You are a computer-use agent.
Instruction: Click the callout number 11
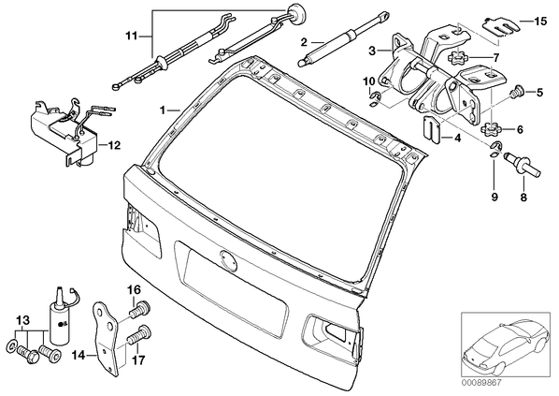click(131, 37)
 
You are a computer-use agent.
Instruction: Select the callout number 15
click(540, 22)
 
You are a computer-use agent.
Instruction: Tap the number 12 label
click(114, 145)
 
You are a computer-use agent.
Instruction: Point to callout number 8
click(523, 197)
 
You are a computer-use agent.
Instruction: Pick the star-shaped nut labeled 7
click(455, 58)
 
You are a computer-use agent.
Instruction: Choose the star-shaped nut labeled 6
click(492, 129)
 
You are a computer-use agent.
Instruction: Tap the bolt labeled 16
click(141, 311)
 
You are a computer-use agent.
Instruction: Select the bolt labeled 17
click(139, 336)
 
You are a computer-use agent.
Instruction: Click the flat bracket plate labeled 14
click(106, 339)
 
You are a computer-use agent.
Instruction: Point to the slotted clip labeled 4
click(432, 128)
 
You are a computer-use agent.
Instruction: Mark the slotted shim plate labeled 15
click(499, 27)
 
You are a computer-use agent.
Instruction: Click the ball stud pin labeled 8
click(523, 163)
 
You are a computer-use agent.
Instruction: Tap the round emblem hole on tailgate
click(228, 260)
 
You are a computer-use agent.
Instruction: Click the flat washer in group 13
click(11, 345)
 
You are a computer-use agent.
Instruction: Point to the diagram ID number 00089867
click(481, 383)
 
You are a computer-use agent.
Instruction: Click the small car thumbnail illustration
click(506, 345)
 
